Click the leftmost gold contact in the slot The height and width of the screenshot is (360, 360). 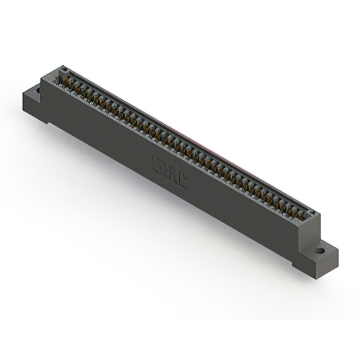(63, 82)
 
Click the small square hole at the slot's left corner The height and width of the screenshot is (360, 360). (64, 71)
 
